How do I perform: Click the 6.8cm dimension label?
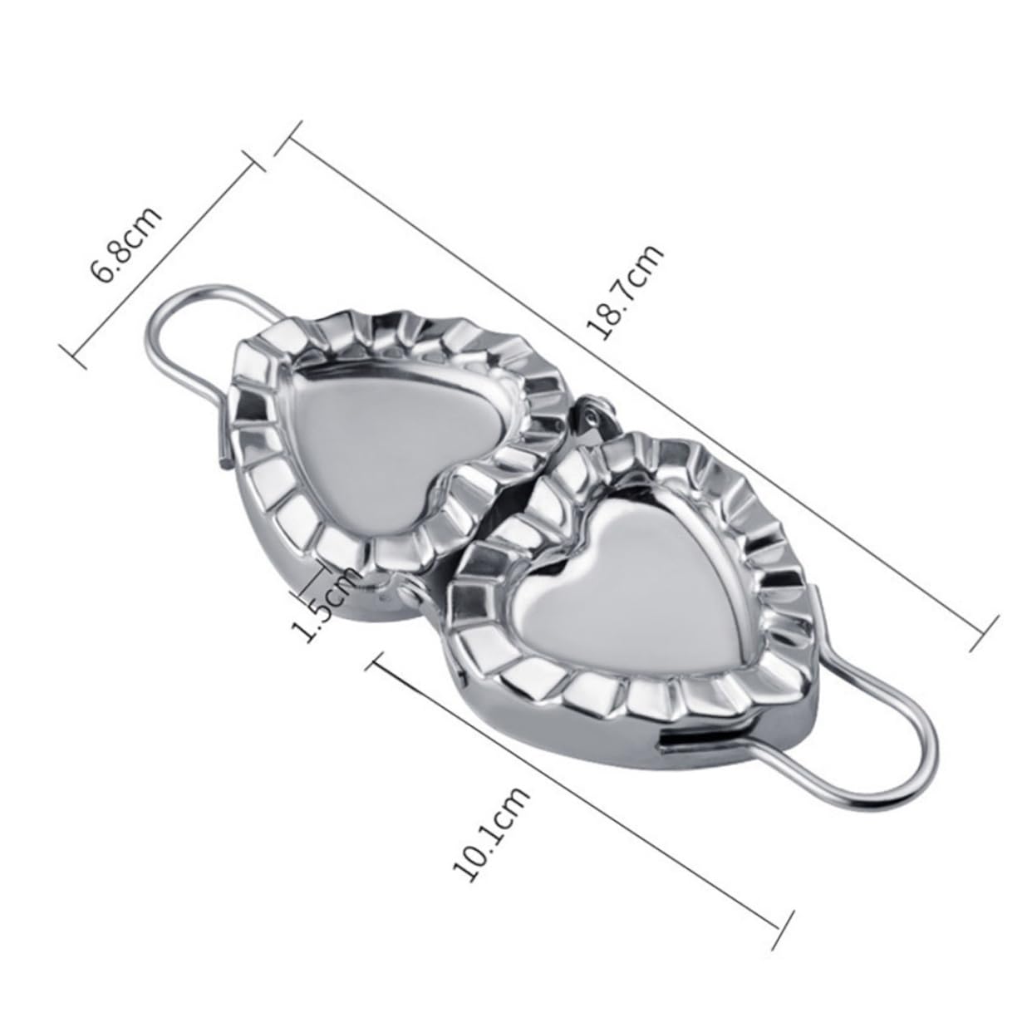click(127, 248)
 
